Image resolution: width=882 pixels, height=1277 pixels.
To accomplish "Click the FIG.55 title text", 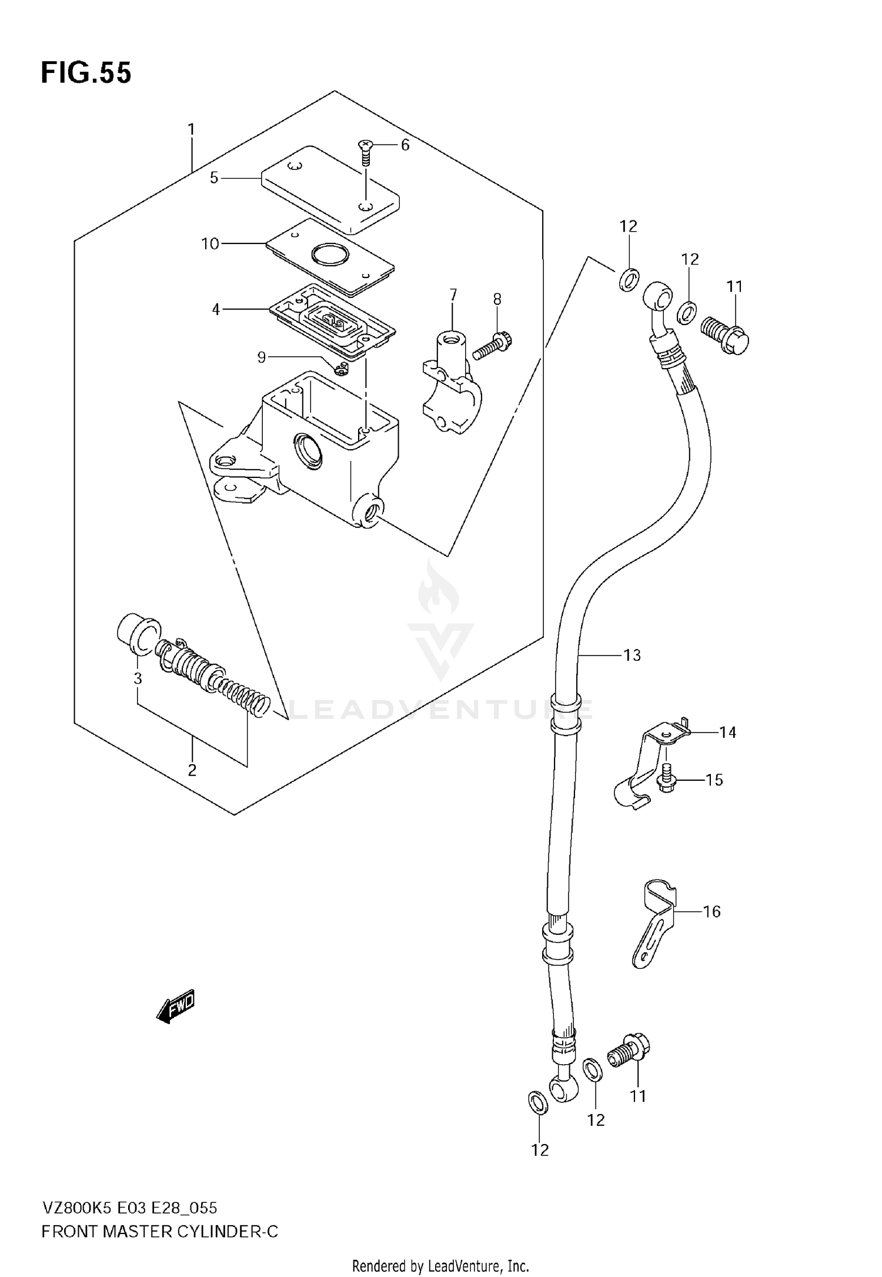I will point(86,73).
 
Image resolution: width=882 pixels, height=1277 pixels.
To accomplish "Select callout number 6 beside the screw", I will point(405,145).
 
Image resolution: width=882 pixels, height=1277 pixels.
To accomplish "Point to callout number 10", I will point(210,243).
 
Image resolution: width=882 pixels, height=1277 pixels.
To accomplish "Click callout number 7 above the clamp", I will point(453,294).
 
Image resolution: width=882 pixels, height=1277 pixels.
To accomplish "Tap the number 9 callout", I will point(262,357).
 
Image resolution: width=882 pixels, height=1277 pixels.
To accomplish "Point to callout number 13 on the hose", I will point(632,655).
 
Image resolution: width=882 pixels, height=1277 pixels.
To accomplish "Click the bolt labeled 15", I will point(666,778).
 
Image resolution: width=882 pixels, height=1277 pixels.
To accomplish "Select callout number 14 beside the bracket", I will point(727,732).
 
